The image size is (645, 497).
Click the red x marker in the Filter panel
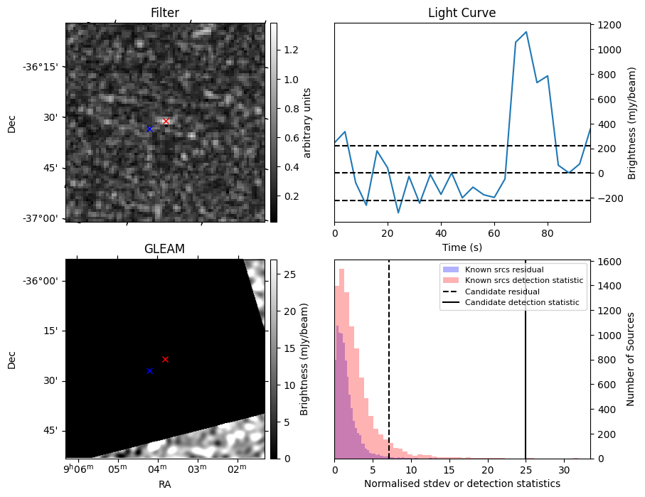click(x=166, y=122)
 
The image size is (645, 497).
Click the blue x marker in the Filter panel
click(x=149, y=129)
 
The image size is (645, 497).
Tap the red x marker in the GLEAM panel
click(x=165, y=359)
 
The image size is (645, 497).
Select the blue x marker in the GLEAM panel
click(x=149, y=370)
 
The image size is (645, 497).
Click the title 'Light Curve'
click(x=462, y=14)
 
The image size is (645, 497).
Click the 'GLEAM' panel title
click(x=164, y=248)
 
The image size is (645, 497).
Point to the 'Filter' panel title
click(x=164, y=13)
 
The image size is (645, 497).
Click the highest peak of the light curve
click(x=526, y=32)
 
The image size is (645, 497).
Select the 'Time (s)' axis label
click(x=462, y=245)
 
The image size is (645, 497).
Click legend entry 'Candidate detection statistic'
click(x=521, y=303)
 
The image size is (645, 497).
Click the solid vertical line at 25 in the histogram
click(x=526, y=356)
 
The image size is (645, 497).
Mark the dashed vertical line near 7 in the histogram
click(x=389, y=356)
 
